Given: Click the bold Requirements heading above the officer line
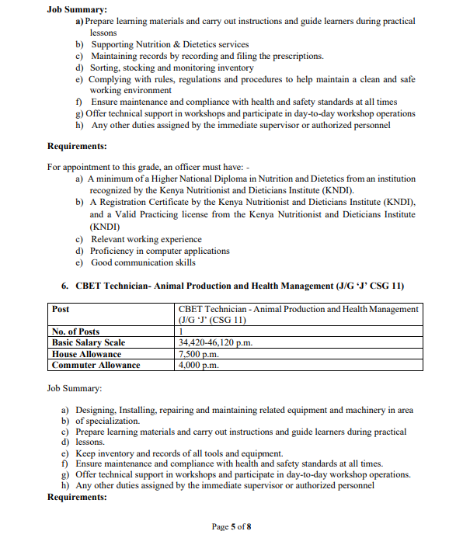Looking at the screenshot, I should click(77, 146).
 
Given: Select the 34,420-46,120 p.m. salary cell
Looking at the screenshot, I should click(215, 342).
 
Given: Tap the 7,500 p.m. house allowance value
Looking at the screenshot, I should click(199, 354).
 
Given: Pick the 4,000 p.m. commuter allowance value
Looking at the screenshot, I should click(199, 365).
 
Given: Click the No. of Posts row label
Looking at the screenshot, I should click(75, 332).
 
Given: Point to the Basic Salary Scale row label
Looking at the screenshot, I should click(88, 342).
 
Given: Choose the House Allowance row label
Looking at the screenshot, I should click(86, 354).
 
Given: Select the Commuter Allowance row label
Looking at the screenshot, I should click(96, 365).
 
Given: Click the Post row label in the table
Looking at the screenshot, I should click(61, 309).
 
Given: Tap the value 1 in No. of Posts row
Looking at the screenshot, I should click(181, 332).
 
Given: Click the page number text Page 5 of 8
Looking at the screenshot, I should click(232, 527).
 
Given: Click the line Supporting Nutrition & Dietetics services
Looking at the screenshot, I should click(170, 45).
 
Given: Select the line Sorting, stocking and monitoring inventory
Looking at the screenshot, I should click(162, 68).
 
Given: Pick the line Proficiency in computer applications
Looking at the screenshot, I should click(160, 251).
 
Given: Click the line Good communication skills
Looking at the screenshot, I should click(144, 262).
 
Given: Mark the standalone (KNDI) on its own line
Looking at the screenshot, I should click(105, 227).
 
